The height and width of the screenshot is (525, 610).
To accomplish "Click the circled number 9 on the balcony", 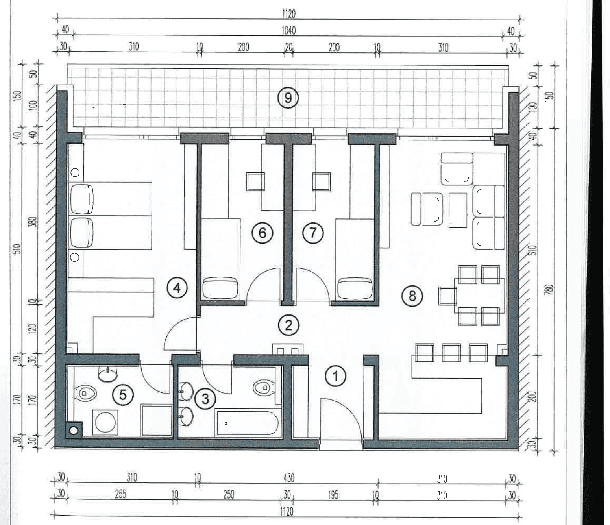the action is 288,98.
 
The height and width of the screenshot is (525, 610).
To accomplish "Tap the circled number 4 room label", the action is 177,288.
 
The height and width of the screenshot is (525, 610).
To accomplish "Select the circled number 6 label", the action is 262,233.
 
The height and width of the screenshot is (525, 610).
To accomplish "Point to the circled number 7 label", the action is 313,233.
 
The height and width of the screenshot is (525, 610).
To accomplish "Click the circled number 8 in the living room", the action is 412,296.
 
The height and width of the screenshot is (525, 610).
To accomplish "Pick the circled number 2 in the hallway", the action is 288,325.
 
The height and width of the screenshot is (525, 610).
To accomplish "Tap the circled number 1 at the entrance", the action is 335,376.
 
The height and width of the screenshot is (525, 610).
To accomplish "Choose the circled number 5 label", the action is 123,395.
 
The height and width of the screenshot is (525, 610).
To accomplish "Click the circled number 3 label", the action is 205,399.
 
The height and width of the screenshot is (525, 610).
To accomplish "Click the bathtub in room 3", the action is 247,423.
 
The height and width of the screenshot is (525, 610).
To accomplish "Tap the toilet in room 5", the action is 86,394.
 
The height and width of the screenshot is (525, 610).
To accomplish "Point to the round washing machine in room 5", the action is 105,422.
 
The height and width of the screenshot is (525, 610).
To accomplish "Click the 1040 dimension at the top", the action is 288,31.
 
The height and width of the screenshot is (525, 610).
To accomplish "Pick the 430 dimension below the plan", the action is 288,478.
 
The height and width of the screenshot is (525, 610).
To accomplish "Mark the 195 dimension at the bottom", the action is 333,495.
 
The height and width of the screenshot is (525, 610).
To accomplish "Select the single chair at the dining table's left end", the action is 447,296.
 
